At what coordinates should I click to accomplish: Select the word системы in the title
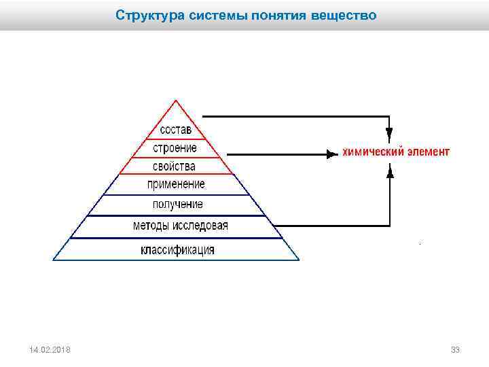[202, 14]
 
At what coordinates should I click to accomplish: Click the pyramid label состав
[176, 129]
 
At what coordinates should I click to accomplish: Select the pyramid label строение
[175, 147]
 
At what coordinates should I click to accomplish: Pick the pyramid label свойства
[175, 166]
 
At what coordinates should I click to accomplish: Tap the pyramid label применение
[176, 184]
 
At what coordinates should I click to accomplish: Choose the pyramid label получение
[177, 204]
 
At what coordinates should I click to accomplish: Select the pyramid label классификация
[177, 249]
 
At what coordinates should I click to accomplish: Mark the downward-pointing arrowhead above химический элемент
[389, 132]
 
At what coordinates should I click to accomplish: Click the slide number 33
[455, 349]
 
